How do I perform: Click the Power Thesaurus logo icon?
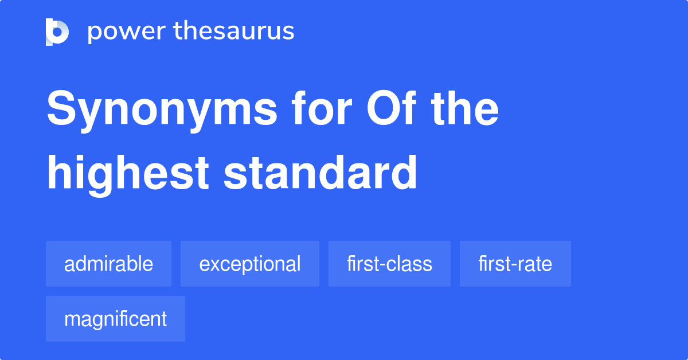point(57,32)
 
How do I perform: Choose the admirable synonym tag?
point(108,264)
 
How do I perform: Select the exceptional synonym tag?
point(249,264)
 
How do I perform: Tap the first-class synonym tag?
point(389,264)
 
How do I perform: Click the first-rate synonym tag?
point(515,264)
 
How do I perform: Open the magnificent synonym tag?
point(115,319)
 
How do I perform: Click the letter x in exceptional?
point(214,265)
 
